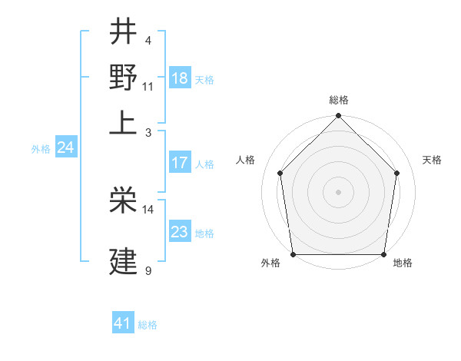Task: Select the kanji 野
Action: pyautogui.click(x=123, y=77)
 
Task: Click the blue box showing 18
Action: pyautogui.click(x=180, y=78)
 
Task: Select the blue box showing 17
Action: pyautogui.click(x=180, y=163)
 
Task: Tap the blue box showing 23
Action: pyautogui.click(x=180, y=232)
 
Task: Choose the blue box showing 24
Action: pyautogui.click(x=66, y=148)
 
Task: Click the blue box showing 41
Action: pyautogui.click(x=123, y=323)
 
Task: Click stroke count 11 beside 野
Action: pyautogui.click(x=148, y=85)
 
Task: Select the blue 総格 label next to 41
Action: pyautogui.click(x=148, y=325)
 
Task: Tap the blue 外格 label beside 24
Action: pyautogui.click(x=41, y=150)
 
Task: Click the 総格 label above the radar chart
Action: pyautogui.click(x=338, y=100)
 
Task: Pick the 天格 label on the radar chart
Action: pyautogui.click(x=433, y=160)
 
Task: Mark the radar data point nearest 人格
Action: pyautogui.click(x=280, y=173)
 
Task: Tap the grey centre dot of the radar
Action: pyautogui.click(x=338, y=191)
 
